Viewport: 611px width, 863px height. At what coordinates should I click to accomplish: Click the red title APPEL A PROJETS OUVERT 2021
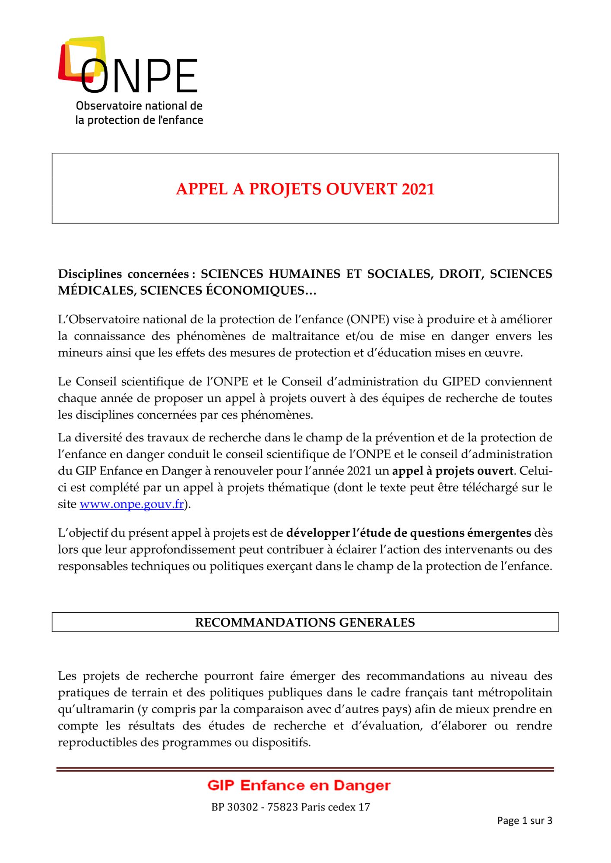(305, 189)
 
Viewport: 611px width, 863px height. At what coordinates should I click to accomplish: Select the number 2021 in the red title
(418, 189)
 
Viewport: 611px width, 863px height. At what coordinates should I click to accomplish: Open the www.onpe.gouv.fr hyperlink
(132, 504)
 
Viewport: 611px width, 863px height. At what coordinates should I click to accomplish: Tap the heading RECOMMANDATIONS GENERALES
(305, 622)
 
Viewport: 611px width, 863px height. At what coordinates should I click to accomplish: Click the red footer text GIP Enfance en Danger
(299, 785)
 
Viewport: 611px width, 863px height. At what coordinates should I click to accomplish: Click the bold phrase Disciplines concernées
(123, 274)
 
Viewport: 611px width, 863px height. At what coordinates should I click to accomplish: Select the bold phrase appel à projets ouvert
(453, 471)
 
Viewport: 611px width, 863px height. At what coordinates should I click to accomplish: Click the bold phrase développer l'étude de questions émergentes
(408, 533)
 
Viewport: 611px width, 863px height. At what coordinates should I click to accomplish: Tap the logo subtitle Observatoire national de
(139, 106)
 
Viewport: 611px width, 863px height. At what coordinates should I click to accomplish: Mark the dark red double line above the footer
(305, 769)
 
